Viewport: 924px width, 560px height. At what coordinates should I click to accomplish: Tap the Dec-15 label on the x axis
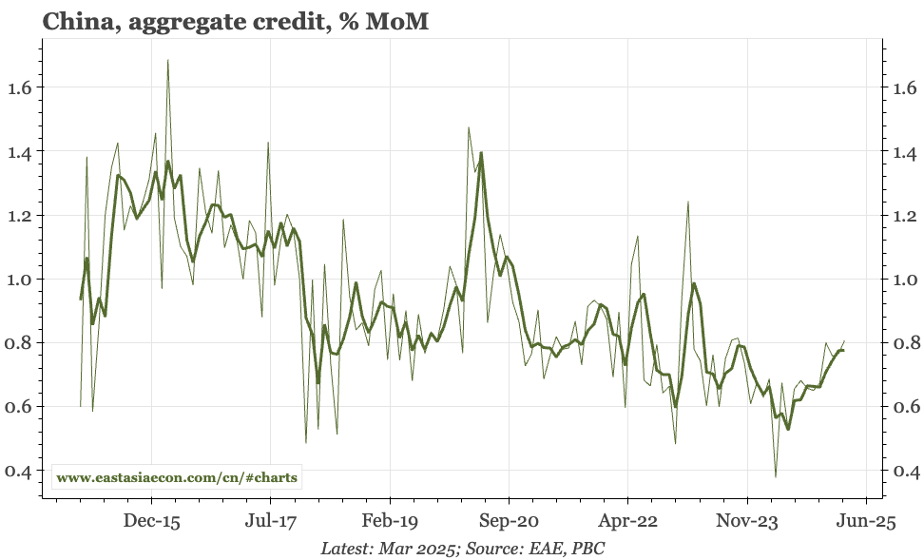pyautogui.click(x=152, y=522)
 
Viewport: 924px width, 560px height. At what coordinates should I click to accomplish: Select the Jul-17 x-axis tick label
pyautogui.click(x=271, y=522)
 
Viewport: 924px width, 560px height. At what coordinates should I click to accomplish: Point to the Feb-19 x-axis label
pyautogui.click(x=390, y=522)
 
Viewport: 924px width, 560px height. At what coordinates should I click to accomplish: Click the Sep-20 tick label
pyautogui.click(x=509, y=522)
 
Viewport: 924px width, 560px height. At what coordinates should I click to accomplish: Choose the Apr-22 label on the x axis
pyautogui.click(x=627, y=522)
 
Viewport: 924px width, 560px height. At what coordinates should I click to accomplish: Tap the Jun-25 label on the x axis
pyautogui.click(x=865, y=522)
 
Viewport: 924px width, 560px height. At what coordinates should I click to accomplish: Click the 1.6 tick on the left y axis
pyautogui.click(x=20, y=88)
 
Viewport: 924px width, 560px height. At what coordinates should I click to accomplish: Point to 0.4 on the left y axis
pyautogui.click(x=20, y=471)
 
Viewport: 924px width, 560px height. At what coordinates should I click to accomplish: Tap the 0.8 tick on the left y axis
pyautogui.click(x=20, y=343)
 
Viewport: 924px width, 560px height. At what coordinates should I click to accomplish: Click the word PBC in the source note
pyautogui.click(x=588, y=549)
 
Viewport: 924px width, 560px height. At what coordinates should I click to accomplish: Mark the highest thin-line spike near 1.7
pyautogui.click(x=168, y=60)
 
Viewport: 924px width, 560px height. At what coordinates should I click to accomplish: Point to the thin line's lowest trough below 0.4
pyautogui.click(x=776, y=476)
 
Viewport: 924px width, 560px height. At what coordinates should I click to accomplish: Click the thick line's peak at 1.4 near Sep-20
pyautogui.click(x=481, y=152)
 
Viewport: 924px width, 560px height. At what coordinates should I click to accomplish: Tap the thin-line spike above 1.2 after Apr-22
pyautogui.click(x=687, y=202)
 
